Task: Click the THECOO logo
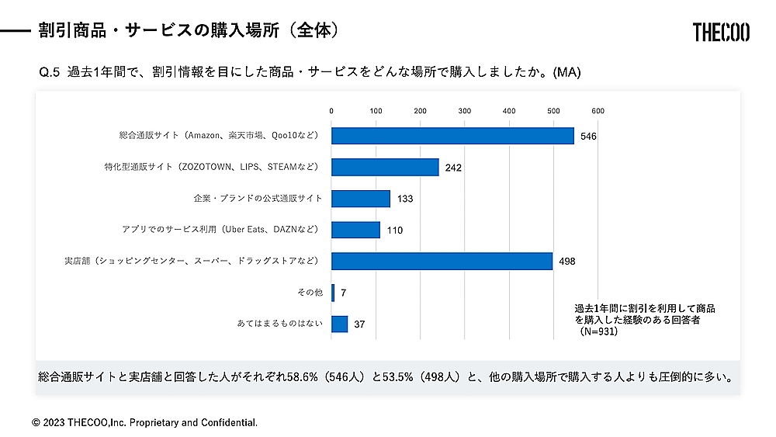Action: (721, 32)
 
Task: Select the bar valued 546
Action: (452, 135)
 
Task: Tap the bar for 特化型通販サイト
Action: (385, 167)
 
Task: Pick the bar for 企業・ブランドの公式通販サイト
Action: (361, 199)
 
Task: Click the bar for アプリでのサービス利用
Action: (355, 230)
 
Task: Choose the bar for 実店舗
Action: (442, 261)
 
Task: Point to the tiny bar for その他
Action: (333, 293)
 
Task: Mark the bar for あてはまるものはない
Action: (339, 324)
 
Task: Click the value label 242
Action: (454, 168)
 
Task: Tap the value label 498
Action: (567, 262)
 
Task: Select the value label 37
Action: (359, 324)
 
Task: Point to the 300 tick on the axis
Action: (465, 111)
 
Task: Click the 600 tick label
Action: (598, 111)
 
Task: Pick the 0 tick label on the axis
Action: (331, 111)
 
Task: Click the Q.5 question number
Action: (50, 72)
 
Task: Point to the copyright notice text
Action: (144, 422)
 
